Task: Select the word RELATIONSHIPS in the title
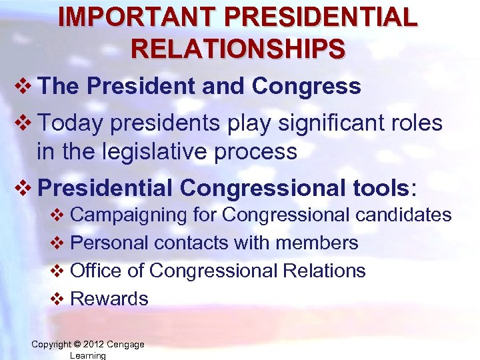click(x=238, y=48)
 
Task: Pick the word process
click(x=258, y=151)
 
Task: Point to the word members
click(x=318, y=243)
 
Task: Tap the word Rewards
click(x=109, y=299)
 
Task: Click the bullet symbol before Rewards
click(x=58, y=299)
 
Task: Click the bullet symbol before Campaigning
click(x=58, y=215)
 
